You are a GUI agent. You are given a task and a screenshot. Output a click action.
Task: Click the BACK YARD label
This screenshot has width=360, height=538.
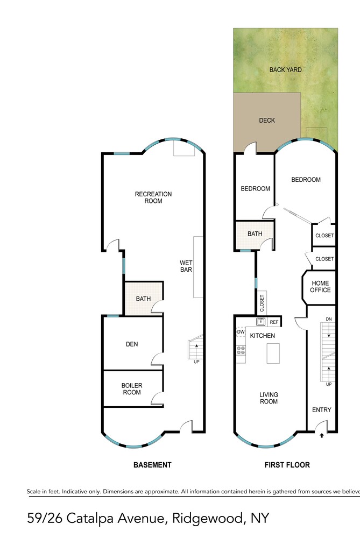(x=285, y=69)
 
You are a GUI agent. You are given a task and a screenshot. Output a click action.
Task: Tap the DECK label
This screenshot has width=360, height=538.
(x=267, y=121)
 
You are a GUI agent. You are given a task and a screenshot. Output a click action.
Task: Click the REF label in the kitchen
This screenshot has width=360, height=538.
(x=274, y=322)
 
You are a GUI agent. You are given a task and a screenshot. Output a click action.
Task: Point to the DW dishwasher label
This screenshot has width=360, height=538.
(x=241, y=332)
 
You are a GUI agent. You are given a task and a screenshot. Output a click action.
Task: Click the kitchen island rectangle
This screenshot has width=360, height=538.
(x=273, y=353)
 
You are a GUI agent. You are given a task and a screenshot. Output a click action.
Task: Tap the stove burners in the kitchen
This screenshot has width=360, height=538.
(x=241, y=350)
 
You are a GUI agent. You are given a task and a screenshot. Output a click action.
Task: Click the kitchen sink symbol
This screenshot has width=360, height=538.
(x=261, y=322)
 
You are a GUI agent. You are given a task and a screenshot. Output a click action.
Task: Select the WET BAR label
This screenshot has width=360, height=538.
(x=186, y=266)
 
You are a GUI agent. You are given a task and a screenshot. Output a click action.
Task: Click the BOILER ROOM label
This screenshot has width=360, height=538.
(x=132, y=389)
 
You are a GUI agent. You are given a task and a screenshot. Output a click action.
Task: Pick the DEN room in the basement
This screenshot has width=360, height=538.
(x=132, y=343)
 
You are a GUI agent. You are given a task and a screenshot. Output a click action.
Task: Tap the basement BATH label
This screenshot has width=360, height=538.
(x=143, y=299)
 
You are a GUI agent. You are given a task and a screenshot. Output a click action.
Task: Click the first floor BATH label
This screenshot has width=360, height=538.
(x=255, y=233)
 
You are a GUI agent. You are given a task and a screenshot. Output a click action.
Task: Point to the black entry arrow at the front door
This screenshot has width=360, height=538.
(x=322, y=436)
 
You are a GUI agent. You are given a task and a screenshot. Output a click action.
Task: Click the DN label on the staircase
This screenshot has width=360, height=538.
(x=329, y=319)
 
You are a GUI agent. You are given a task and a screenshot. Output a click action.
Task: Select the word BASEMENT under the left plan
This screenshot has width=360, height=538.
(x=152, y=465)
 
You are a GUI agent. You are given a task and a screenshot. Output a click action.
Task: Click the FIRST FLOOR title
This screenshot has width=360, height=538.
(x=287, y=465)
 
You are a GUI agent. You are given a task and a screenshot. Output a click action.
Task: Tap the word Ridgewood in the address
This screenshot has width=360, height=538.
(x=208, y=518)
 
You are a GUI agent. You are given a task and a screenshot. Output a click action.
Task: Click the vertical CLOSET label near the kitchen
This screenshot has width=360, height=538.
(x=262, y=303)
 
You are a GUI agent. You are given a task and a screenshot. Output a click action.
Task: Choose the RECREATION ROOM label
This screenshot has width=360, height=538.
(x=153, y=197)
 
